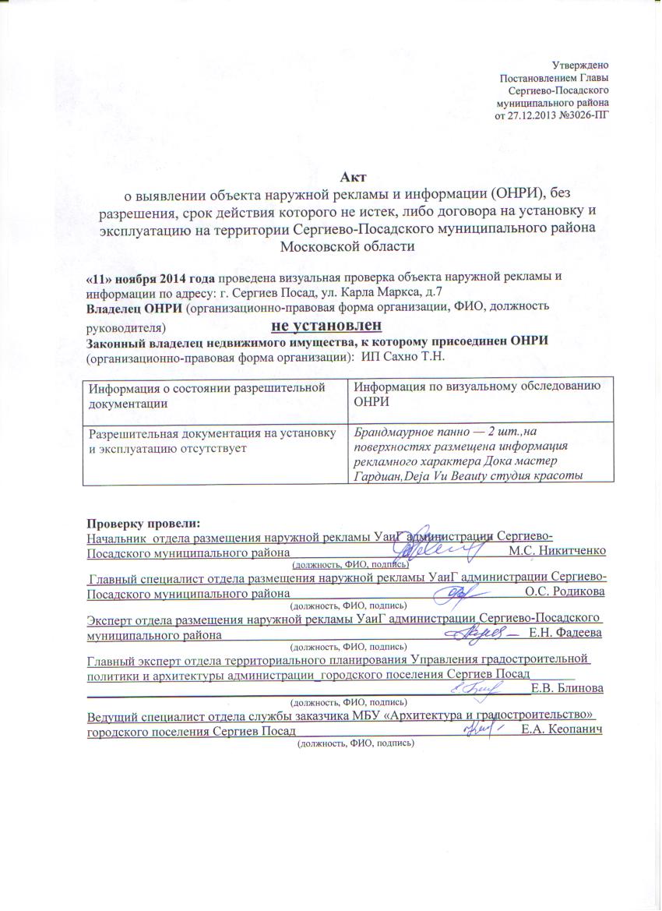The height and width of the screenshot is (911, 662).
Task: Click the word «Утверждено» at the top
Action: click(x=580, y=64)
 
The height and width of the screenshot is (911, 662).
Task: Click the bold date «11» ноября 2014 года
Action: click(x=150, y=278)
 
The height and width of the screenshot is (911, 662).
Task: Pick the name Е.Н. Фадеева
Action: click(x=565, y=633)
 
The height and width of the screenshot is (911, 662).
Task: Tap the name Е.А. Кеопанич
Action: click(x=564, y=729)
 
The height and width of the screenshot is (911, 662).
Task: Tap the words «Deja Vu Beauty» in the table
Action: click(x=434, y=477)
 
